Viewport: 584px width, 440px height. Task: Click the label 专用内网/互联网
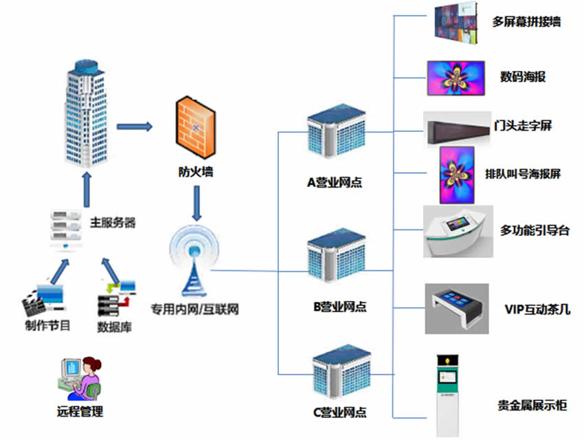pyautogui.click(x=194, y=309)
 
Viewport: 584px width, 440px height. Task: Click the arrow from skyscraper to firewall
pyautogui.click(x=134, y=126)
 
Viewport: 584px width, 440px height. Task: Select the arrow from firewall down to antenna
pyautogui.click(x=196, y=203)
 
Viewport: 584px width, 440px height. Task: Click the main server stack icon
pyautogui.click(x=66, y=230)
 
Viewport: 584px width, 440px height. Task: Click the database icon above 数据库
pyautogui.click(x=117, y=294)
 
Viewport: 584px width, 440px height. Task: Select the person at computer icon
pyautogui.click(x=79, y=379)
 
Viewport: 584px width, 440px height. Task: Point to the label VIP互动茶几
pyautogui.click(x=537, y=309)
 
